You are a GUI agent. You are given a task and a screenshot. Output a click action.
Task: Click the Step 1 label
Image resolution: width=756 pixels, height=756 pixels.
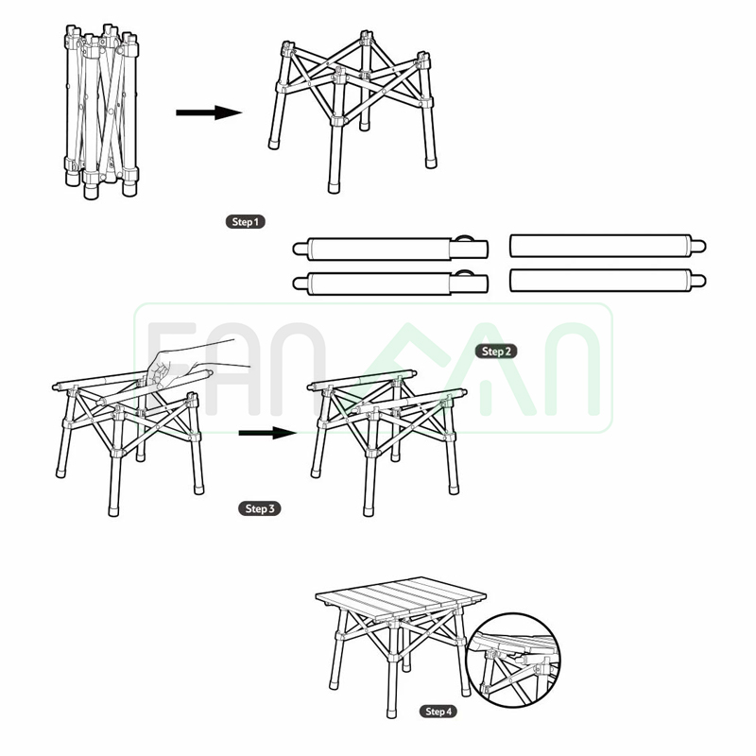click(x=246, y=222)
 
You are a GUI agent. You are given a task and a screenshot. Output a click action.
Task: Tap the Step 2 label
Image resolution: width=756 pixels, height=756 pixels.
click(x=496, y=352)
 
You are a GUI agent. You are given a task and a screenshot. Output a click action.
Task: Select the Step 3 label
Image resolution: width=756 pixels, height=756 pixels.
click(x=259, y=508)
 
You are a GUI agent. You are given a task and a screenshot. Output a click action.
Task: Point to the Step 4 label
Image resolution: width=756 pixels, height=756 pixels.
click(x=438, y=712)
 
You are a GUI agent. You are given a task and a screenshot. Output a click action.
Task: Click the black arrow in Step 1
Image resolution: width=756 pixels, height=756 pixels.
click(x=209, y=112)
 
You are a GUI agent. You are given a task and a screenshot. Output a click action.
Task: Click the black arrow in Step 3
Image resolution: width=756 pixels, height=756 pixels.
click(x=267, y=433)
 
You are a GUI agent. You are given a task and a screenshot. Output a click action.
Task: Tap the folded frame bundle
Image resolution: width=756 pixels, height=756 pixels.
click(x=102, y=112)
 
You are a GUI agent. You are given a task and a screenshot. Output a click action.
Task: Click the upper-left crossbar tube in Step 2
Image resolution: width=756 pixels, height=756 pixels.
click(x=390, y=249)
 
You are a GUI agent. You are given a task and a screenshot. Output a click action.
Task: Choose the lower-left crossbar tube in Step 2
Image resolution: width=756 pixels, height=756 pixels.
click(x=390, y=283)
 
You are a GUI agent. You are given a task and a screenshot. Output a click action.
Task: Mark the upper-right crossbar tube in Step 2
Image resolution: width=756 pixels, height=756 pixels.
click(x=608, y=246)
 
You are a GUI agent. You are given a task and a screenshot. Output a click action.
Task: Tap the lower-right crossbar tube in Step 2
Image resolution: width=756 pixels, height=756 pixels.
click(x=608, y=280)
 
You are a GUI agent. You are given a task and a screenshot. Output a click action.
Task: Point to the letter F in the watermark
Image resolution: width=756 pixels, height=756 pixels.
click(x=171, y=369)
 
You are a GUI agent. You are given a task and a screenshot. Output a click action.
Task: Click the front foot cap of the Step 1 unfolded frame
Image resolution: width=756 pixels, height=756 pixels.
click(x=334, y=187)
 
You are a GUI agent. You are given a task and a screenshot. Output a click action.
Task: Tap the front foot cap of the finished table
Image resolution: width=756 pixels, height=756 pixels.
click(x=392, y=713)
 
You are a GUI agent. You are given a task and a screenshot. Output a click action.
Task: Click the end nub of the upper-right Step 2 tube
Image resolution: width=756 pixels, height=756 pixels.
click(x=698, y=247)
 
